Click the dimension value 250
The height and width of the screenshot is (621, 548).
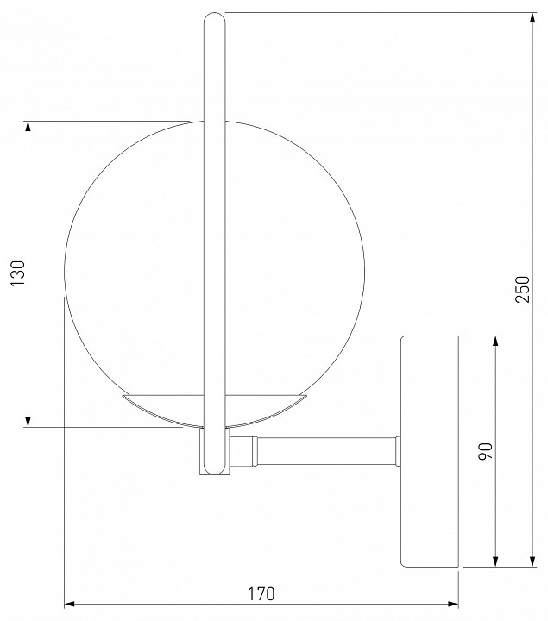click(522, 290)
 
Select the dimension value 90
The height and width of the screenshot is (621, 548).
click(485, 451)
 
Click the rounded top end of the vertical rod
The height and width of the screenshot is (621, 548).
click(213, 18)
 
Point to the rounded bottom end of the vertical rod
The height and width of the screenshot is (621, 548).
click(213, 469)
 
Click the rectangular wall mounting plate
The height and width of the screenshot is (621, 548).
click(429, 451)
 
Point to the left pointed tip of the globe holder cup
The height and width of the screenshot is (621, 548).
click(123, 396)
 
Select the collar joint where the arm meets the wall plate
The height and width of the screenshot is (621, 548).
click(397, 451)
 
